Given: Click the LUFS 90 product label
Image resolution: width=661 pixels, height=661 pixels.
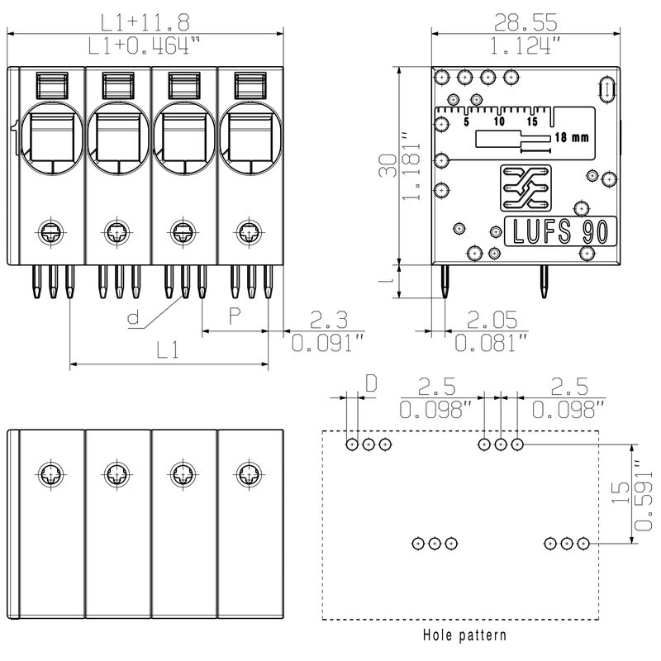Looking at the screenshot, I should pos(559,231).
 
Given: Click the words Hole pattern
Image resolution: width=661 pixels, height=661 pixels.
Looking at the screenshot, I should pos(464,635).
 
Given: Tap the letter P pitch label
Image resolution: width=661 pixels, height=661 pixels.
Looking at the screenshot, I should pos(235,316).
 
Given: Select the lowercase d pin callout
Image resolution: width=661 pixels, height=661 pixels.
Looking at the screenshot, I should pos(132,316).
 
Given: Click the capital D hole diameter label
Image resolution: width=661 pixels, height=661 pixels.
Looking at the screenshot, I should pos(371,383).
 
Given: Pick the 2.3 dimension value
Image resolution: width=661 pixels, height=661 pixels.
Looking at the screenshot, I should pos(327,318).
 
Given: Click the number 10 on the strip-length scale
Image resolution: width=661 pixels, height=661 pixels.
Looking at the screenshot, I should pos(499,121).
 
